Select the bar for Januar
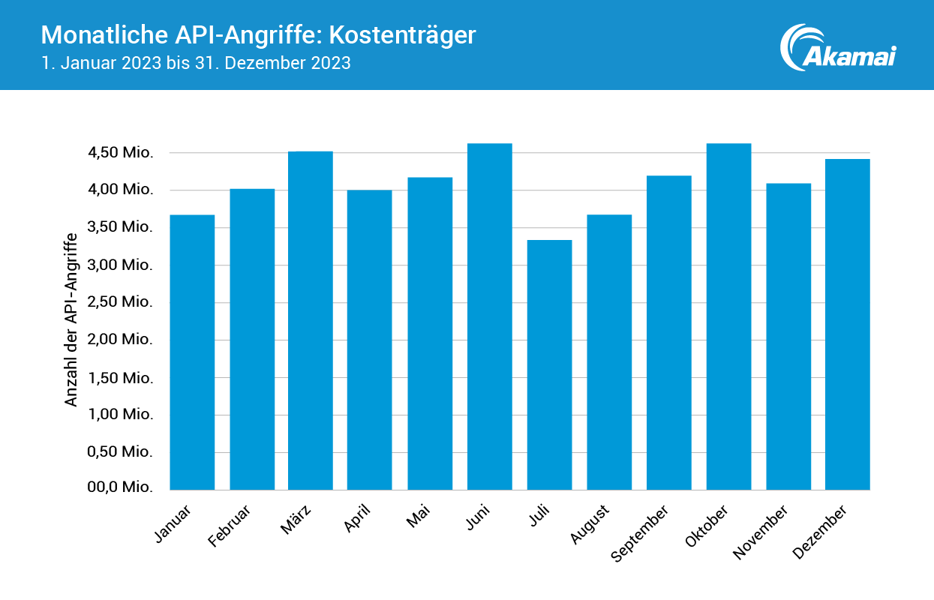point(192,352)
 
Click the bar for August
point(609,352)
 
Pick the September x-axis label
point(639,533)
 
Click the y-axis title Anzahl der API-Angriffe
point(71,320)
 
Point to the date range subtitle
point(196,63)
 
